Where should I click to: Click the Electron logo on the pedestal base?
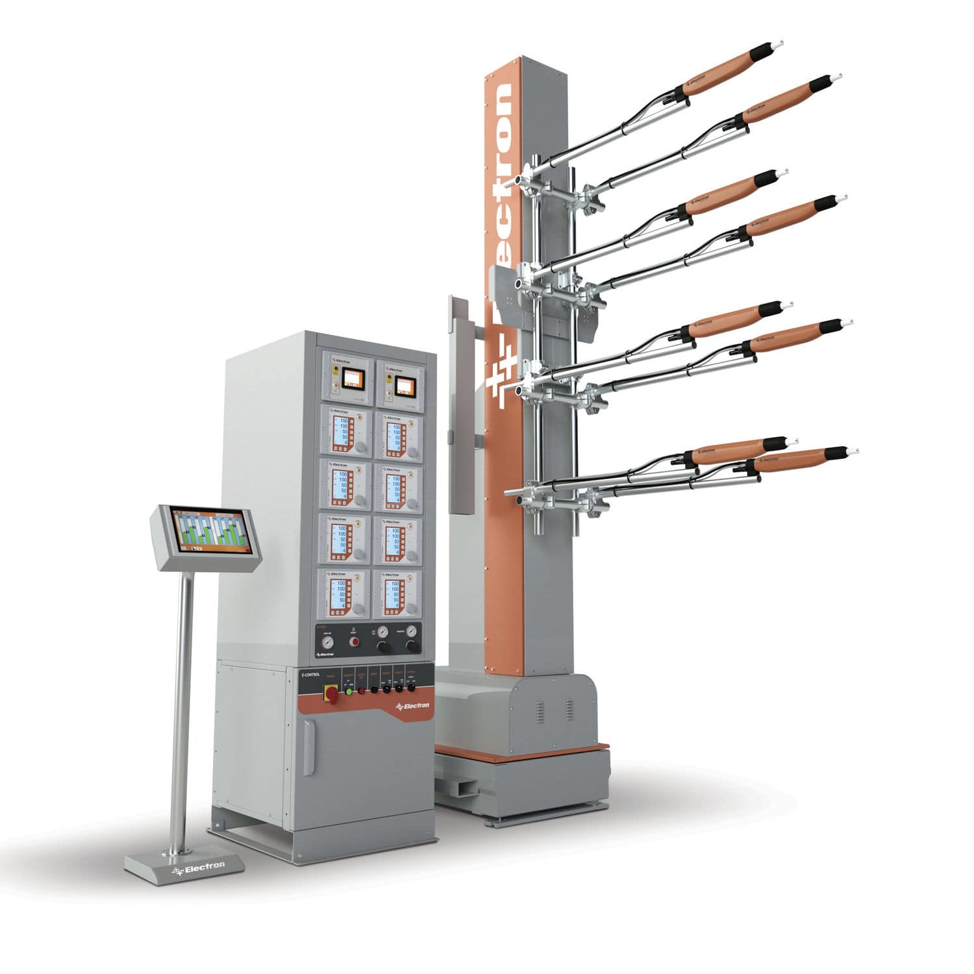(x=199, y=866)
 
